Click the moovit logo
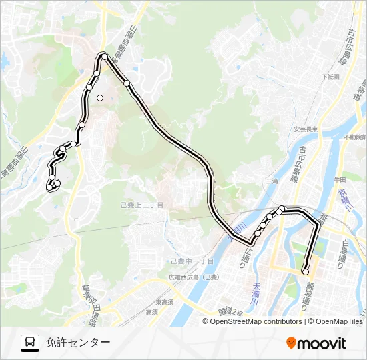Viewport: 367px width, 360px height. [316, 343]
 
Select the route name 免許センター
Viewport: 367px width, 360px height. [78, 343]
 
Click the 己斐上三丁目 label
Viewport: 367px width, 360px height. [142, 205]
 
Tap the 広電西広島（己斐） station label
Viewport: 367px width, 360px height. [192, 277]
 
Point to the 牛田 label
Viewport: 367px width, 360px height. [340, 179]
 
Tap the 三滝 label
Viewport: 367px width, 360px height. [272, 181]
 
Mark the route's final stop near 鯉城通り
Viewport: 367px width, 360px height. [306, 271]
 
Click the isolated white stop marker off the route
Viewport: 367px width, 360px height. [100, 98]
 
